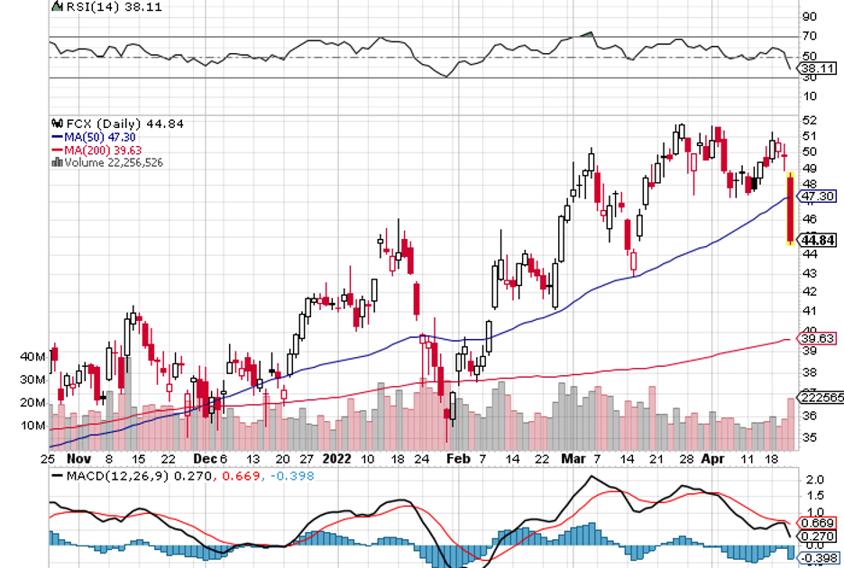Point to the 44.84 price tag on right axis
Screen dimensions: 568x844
pos(819,240)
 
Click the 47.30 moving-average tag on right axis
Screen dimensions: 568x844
pos(819,196)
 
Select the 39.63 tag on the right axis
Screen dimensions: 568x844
pos(817,339)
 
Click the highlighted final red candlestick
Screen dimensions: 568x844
pos(790,207)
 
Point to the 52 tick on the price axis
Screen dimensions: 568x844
pos(809,121)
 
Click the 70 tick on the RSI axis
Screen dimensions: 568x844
pos(809,37)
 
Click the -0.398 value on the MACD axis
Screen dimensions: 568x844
pos(817,557)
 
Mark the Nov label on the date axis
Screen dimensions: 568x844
pos(78,458)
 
